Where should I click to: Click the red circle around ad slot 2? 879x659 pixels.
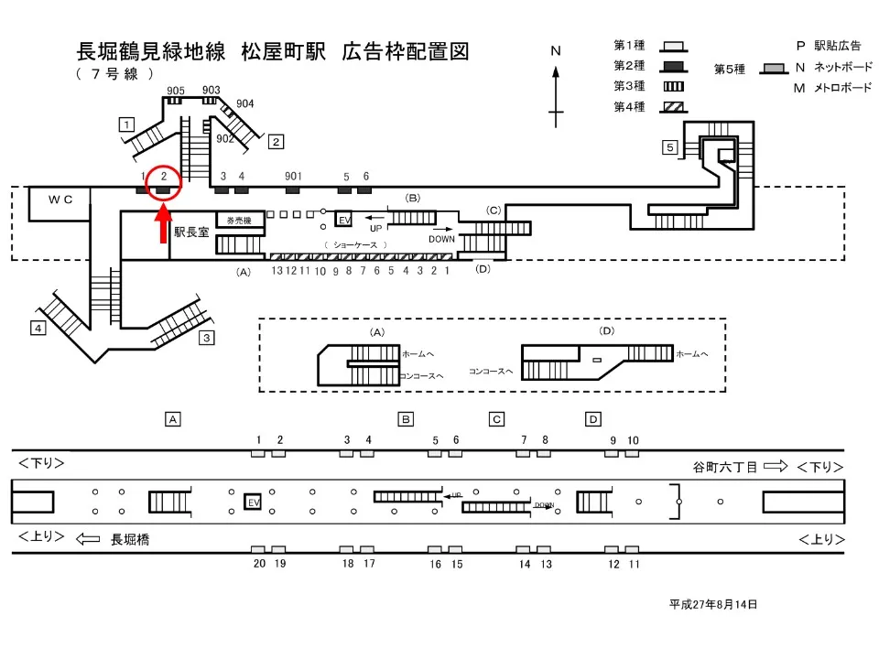click(163, 183)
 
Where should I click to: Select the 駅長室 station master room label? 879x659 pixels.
click(191, 232)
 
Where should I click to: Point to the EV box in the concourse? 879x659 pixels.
click(344, 221)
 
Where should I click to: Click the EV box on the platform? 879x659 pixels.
click(254, 502)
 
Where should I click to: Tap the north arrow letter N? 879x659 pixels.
click(555, 51)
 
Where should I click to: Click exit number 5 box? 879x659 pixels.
click(670, 147)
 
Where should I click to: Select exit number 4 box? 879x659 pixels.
click(38, 328)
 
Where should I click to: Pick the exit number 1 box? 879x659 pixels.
click(127, 124)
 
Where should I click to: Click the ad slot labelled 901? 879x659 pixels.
click(293, 176)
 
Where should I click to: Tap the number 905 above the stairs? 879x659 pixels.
click(176, 90)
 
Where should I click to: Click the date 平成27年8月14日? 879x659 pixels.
click(713, 604)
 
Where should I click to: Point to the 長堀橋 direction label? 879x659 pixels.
click(130, 540)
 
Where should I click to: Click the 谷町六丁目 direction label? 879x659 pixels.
click(725, 467)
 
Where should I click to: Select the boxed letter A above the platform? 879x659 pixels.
click(171, 419)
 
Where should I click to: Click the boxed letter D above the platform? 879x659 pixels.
click(593, 419)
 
